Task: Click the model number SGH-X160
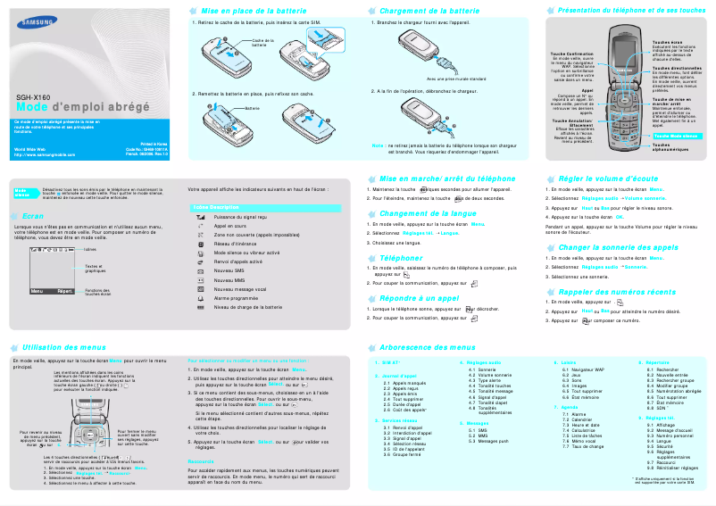click(33, 96)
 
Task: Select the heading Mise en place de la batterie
click(250, 10)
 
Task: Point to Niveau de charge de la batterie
click(248, 307)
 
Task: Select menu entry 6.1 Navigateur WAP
click(588, 369)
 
